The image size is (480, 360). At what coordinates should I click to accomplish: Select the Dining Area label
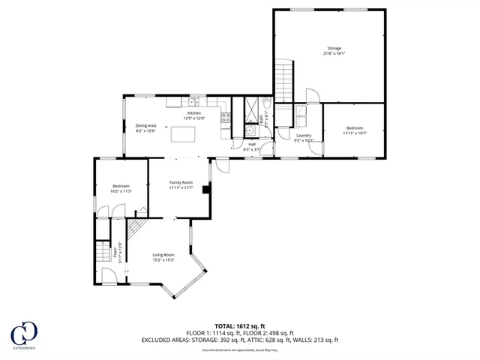click(x=145, y=128)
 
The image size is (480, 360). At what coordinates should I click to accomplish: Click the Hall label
click(x=252, y=146)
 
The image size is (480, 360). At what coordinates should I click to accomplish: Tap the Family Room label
click(x=181, y=184)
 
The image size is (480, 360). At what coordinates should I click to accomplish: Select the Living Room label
click(x=163, y=257)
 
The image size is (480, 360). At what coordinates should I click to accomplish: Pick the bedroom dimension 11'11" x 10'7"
click(x=354, y=133)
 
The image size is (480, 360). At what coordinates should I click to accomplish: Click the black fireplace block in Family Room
click(x=205, y=190)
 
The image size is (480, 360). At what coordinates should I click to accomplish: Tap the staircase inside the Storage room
click(x=283, y=83)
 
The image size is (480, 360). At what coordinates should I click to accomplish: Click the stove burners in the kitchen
click(x=225, y=117)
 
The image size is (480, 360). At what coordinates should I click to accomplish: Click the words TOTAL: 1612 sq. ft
click(x=240, y=326)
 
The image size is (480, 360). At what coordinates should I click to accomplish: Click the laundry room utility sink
click(x=301, y=114)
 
